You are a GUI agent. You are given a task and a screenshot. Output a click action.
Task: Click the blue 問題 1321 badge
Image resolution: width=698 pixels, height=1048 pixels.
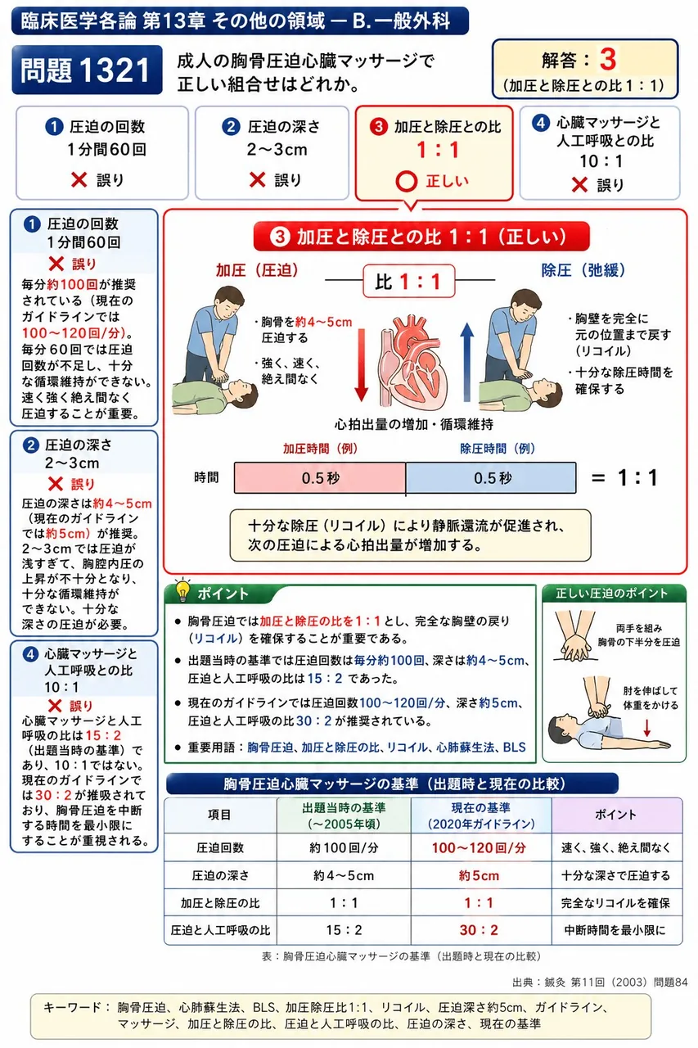coord(87,70)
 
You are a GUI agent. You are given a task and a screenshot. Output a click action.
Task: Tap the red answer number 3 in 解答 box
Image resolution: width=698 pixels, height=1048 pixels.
coord(607,60)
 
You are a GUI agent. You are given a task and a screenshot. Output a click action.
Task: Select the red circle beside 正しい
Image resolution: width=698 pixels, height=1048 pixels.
coord(406,182)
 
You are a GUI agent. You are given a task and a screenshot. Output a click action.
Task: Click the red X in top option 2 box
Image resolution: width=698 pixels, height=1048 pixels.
coord(257,179)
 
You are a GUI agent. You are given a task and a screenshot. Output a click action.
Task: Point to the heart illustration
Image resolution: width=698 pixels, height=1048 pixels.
coord(412,359)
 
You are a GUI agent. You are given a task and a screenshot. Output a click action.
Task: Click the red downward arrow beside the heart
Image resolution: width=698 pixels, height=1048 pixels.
coord(361,365)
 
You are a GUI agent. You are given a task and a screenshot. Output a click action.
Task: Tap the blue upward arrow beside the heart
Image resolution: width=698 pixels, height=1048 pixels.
coord(466,363)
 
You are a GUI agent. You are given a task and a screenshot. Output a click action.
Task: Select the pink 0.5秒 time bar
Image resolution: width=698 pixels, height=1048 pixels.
coord(320,477)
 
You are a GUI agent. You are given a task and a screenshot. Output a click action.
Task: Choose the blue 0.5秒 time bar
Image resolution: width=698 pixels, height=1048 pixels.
coord(491,477)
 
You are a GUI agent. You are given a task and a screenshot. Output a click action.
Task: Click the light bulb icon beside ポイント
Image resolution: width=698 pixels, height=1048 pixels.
coord(182,589)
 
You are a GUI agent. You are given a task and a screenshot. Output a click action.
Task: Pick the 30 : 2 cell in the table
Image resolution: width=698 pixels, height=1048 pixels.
coord(480,929)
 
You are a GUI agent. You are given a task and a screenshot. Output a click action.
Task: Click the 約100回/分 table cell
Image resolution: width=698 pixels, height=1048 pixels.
coord(344,847)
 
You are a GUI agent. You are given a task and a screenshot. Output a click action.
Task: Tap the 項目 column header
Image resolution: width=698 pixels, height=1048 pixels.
coord(220,815)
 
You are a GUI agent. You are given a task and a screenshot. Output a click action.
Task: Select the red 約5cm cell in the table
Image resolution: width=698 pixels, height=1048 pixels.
coord(480,875)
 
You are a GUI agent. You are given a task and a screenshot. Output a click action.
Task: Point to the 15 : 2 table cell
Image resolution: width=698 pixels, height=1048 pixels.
coord(344,929)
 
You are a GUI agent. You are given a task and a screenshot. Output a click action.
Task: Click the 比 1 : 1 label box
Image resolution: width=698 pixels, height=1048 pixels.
coord(409,281)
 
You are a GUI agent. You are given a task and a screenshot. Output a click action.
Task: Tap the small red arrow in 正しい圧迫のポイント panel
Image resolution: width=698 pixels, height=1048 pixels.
coord(647,727)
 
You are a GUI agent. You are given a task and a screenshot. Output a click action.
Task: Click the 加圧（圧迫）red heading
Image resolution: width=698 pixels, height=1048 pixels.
coord(257,270)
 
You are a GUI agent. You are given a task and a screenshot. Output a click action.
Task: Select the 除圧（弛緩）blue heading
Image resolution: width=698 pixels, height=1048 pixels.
coord(583,270)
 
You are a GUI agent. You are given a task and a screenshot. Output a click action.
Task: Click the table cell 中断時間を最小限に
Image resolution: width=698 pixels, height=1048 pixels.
coord(615,929)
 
